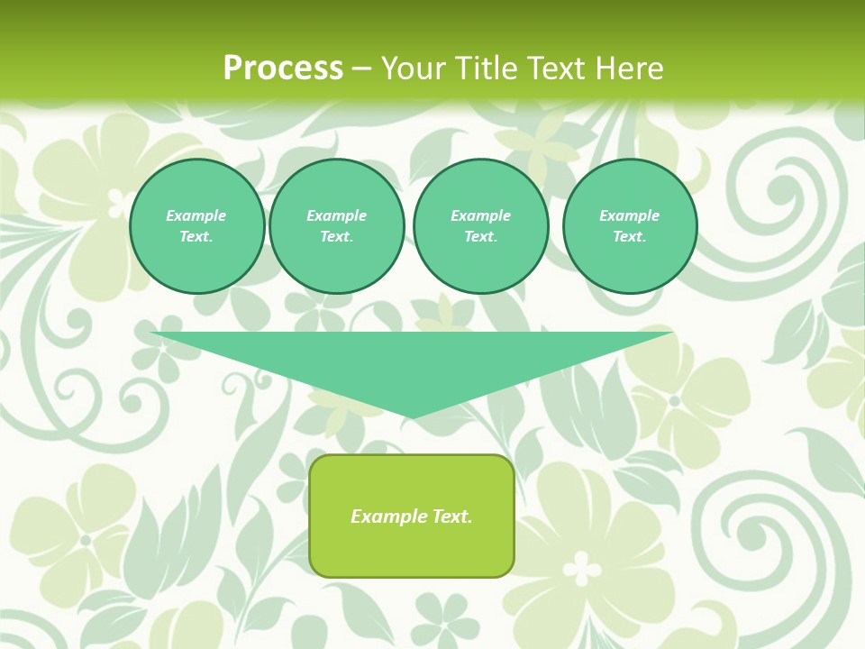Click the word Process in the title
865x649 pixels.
point(283,69)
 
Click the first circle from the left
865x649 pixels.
point(196,226)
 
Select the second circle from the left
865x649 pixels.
point(337,226)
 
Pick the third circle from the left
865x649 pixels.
point(480,226)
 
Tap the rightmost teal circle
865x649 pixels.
point(630,226)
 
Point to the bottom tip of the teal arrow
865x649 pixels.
point(412,416)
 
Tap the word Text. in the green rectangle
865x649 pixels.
point(451,516)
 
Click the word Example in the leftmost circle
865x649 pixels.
point(196,215)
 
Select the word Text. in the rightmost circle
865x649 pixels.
point(630,237)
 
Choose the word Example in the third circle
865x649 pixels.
point(480,215)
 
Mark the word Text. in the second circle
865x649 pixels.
point(337,237)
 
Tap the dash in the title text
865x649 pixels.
point(361,69)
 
